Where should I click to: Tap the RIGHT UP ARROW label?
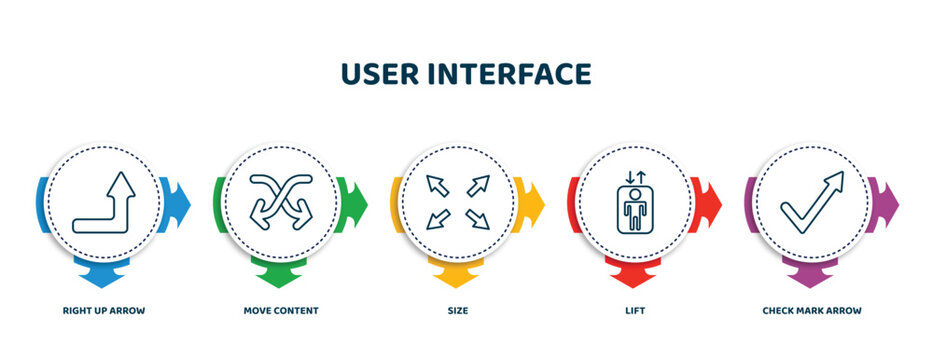pos(103,311)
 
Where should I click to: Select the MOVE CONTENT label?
pos(281,311)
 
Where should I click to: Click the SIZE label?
pos(458,311)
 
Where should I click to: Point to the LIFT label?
pos(635,311)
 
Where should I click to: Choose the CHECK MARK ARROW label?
pos(812,311)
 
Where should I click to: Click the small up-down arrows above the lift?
pos(635,177)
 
